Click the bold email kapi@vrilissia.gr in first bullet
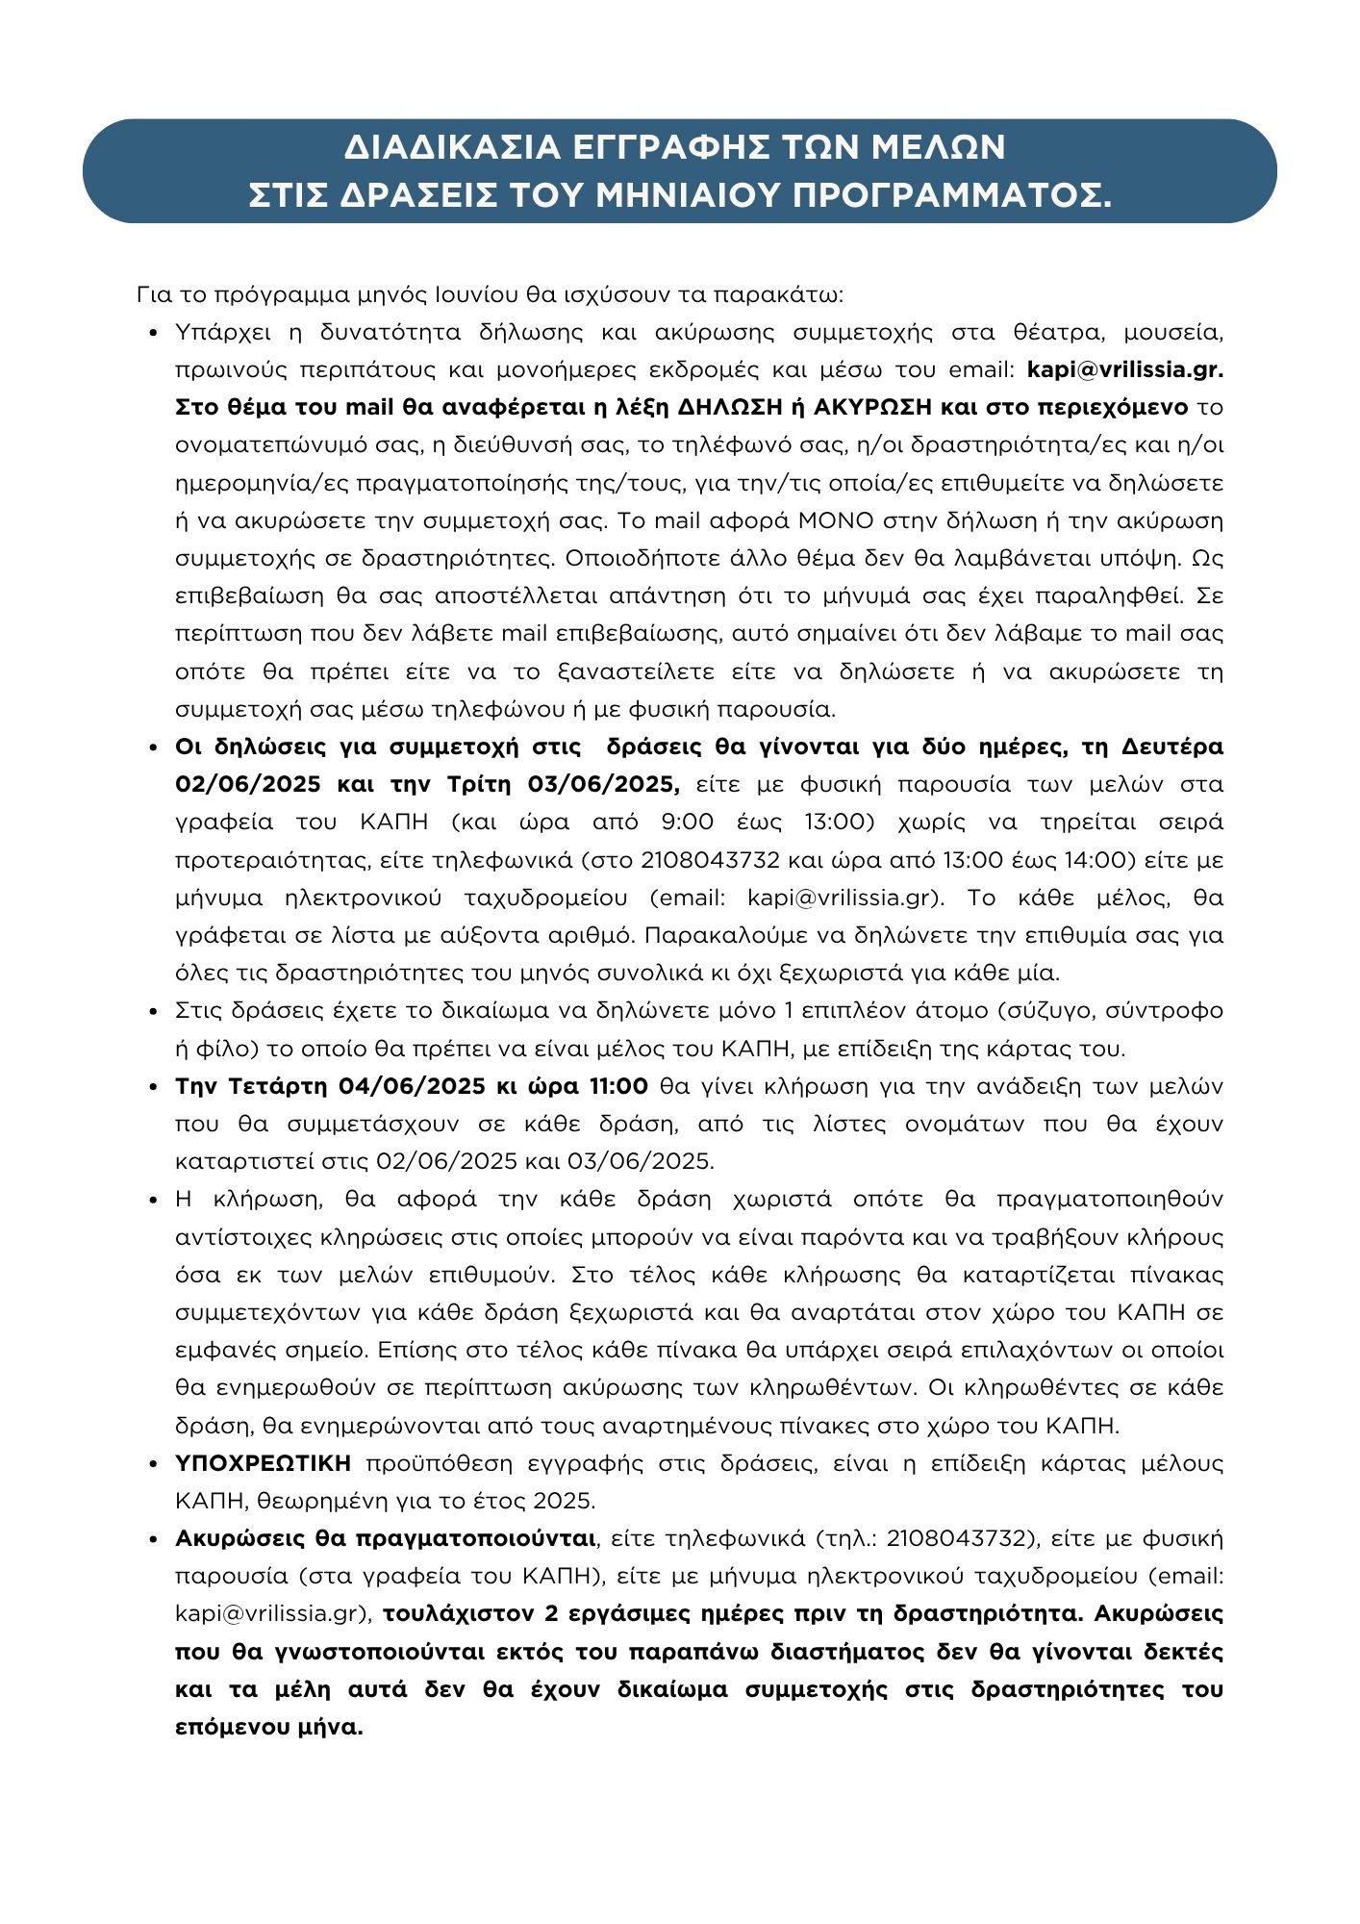[1125, 369]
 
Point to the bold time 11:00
[616, 1086]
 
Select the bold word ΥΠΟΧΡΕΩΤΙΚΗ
[264, 1463]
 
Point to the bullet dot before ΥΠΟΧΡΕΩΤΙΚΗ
[154, 1464]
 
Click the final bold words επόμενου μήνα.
[269, 1727]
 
